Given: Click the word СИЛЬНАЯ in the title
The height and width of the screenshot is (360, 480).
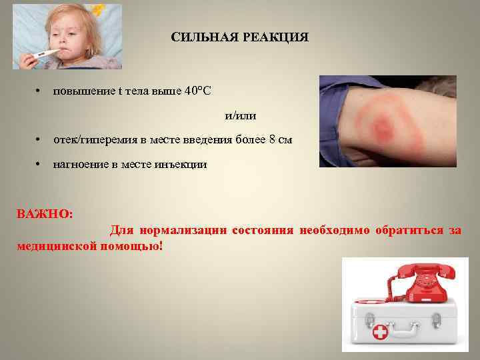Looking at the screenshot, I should click(201, 37).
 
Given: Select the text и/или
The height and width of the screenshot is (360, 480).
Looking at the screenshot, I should click(241, 115).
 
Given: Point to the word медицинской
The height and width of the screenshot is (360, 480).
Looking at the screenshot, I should click(55, 246).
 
